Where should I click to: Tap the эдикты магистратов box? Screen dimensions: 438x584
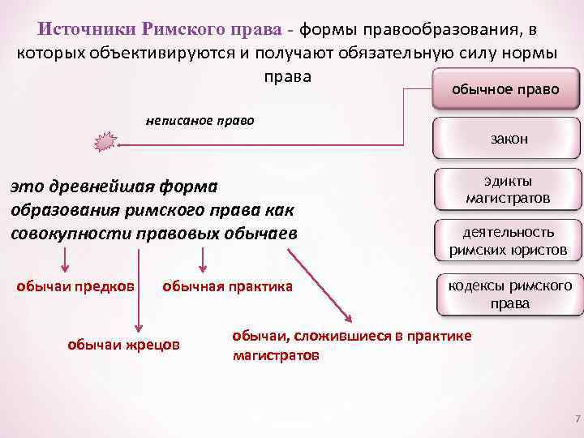508,190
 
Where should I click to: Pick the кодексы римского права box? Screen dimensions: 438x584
509,294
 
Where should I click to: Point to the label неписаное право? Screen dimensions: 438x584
200,121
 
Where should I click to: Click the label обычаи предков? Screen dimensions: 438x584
76,286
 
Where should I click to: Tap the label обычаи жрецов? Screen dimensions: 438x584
123,345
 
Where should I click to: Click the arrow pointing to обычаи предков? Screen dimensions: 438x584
65,261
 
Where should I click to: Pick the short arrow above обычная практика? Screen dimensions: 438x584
204,261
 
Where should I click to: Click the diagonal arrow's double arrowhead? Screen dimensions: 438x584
348,318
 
